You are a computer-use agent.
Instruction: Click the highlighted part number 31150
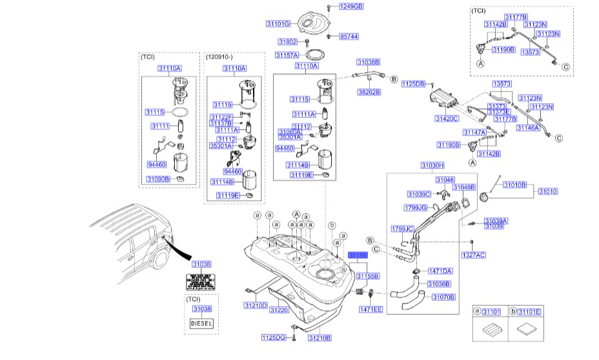tap(357, 255)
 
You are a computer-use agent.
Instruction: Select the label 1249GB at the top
tap(352, 6)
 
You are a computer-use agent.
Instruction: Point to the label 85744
tap(349, 37)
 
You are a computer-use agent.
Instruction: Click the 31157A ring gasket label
tap(287, 55)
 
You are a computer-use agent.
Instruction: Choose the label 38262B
tap(369, 92)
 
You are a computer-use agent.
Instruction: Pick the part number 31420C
tap(447, 119)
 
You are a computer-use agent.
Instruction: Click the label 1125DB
tap(414, 84)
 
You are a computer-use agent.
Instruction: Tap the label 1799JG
tap(416, 208)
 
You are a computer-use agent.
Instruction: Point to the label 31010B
tap(514, 185)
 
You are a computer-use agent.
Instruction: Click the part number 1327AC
tap(474, 255)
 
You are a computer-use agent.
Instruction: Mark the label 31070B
tap(443, 297)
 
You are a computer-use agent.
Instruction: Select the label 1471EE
tap(371, 310)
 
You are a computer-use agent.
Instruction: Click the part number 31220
tap(279, 310)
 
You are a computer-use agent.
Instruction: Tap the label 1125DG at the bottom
tap(273, 337)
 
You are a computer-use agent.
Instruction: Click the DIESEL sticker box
tap(201, 323)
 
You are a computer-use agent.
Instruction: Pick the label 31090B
tap(157, 179)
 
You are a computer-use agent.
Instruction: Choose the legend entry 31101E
tap(530, 312)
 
